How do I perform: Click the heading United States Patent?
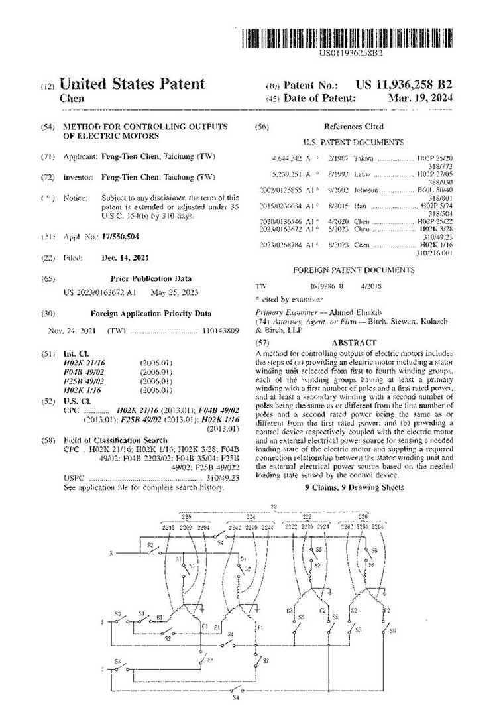click(133, 84)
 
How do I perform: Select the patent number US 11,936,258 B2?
click(404, 85)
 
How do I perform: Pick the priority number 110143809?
click(219, 330)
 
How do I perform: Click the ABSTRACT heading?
click(354, 343)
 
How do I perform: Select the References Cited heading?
click(353, 126)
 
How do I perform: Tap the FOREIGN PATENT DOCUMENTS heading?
click(353, 270)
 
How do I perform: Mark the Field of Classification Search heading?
click(115, 440)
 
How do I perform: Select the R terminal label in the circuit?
click(111, 552)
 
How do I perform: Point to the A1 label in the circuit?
click(179, 560)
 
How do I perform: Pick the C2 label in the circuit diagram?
click(323, 610)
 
